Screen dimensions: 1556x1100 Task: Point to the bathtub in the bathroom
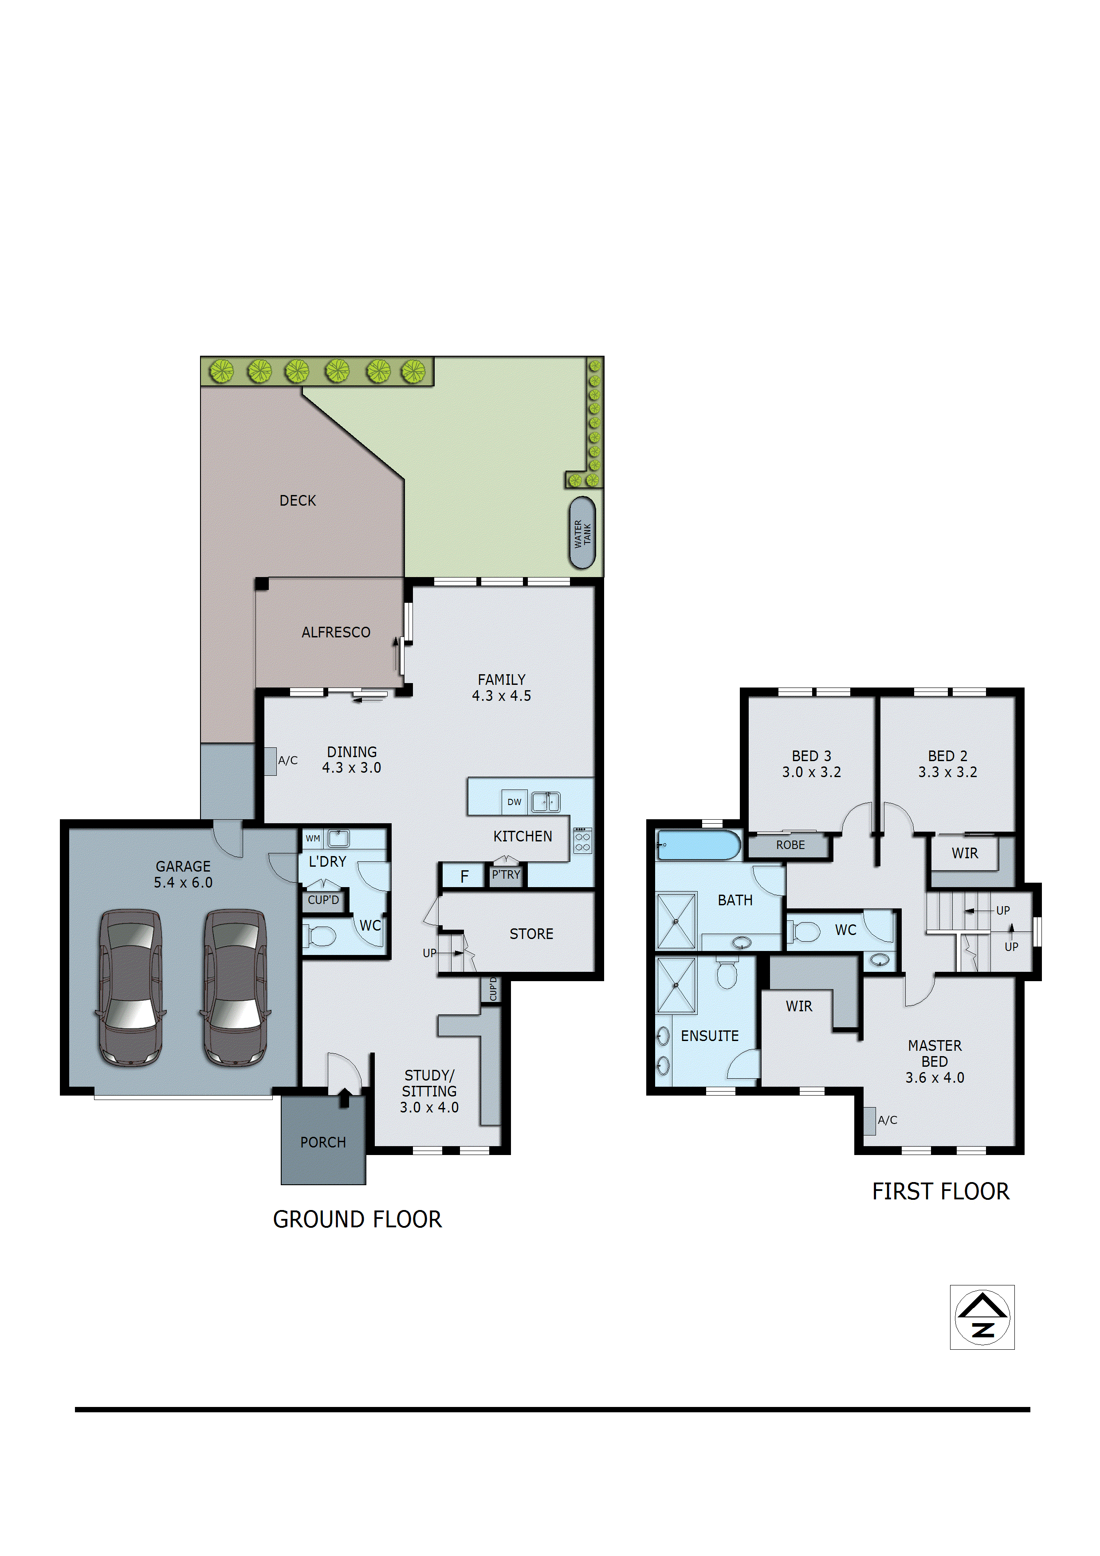tap(698, 845)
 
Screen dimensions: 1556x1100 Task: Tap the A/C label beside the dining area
tap(287, 760)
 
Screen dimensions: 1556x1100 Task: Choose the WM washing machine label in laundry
tap(312, 838)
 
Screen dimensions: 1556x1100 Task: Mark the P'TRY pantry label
tap(506, 875)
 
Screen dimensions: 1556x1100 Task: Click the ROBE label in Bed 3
tap(790, 845)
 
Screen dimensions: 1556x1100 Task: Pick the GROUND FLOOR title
tap(357, 1219)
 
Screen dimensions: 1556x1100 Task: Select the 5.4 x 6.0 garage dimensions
tap(183, 882)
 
